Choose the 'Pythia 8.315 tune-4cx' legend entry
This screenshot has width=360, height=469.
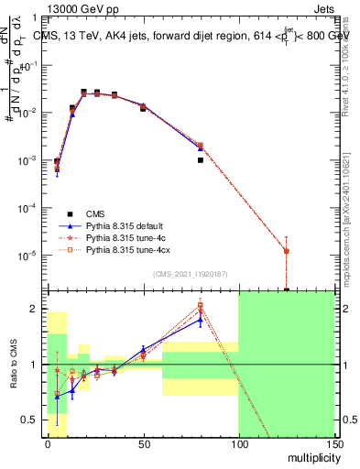(128, 249)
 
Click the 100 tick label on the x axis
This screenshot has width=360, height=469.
(238, 442)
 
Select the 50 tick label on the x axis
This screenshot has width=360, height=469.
(143, 442)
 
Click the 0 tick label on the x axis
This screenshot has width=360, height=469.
(48, 442)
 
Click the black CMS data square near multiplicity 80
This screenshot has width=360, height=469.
(200, 160)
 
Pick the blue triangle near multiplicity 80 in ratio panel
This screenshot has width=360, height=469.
(200, 321)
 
